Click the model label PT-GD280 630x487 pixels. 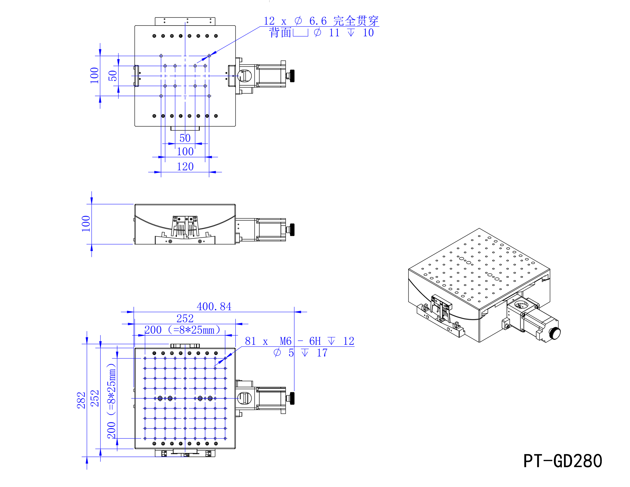[562, 461]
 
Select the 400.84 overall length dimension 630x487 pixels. [214, 306]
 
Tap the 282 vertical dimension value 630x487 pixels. [81, 400]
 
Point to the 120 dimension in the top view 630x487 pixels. [185, 167]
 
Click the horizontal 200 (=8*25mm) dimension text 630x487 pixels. [182, 330]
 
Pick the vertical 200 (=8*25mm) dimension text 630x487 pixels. [112, 401]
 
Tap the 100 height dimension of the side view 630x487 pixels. [86, 224]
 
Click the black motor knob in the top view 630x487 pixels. [292, 76]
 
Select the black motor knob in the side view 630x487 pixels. [292, 230]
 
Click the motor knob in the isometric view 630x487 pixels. [554, 333]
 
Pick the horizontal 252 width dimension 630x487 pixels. [185, 319]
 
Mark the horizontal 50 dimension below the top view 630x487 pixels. [185, 138]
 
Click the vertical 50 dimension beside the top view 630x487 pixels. [113, 76]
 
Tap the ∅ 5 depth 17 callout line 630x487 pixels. [300, 353]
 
